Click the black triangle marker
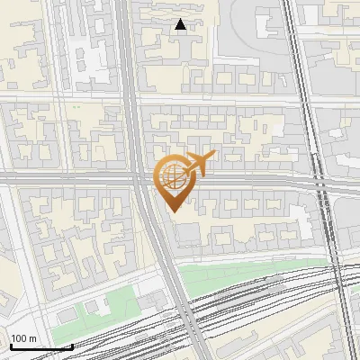[x=181, y=24]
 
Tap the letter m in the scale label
[x=33, y=338]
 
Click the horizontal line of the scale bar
[x=40, y=346]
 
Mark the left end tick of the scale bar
[x=10, y=345]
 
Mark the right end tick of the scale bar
[x=72, y=345]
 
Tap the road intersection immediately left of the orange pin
[x=141, y=179]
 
